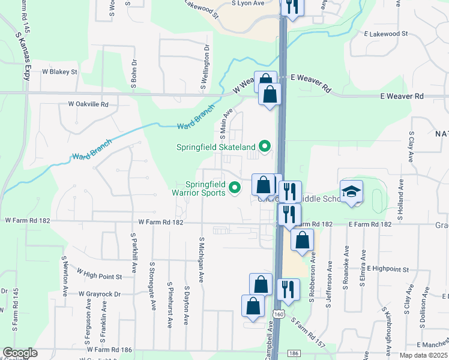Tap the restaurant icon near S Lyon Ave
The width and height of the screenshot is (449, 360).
(x=292, y=7)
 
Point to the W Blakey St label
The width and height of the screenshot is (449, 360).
(x=59, y=71)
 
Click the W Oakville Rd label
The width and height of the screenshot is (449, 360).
(x=88, y=104)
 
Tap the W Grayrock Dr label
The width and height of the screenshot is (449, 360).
(x=100, y=294)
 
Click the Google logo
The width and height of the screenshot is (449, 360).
(x=20, y=353)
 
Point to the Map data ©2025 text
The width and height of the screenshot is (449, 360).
(x=423, y=355)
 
